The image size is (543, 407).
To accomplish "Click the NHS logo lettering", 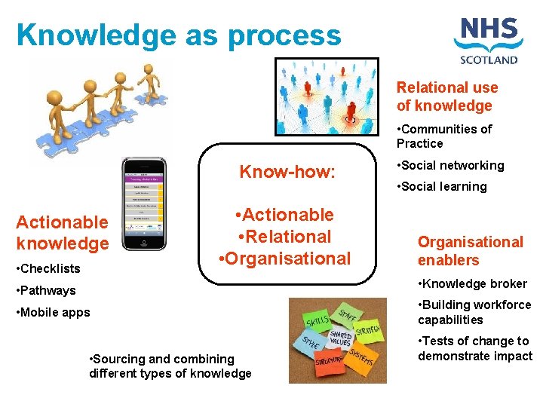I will tap(489, 35).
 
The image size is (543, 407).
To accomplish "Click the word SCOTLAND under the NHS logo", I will tap(489, 60).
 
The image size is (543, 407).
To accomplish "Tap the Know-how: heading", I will tap(287, 172).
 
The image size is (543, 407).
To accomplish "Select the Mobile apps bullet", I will tap(53, 312).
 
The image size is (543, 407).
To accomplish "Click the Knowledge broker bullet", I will tap(472, 283).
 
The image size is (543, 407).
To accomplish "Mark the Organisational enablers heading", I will tap(470, 251).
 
